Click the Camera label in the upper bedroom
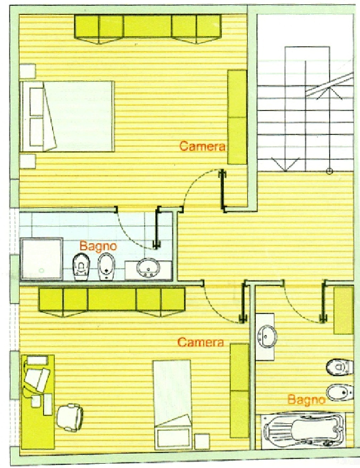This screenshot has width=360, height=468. click(202, 146)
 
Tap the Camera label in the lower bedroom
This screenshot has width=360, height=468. click(200, 342)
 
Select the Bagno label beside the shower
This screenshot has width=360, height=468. click(98, 246)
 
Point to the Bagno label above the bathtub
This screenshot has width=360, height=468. click(306, 399)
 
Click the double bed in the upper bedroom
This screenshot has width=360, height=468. click(67, 116)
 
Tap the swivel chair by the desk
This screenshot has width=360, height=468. click(70, 417)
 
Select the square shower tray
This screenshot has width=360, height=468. click(41, 259)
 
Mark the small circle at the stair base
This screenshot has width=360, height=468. click(329, 171)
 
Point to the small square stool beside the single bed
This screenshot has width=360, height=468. click(202, 441)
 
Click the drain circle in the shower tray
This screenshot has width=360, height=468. click(41, 270)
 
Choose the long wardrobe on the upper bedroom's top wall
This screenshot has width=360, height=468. click(148, 29)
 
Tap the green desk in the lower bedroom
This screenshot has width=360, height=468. click(38, 402)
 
